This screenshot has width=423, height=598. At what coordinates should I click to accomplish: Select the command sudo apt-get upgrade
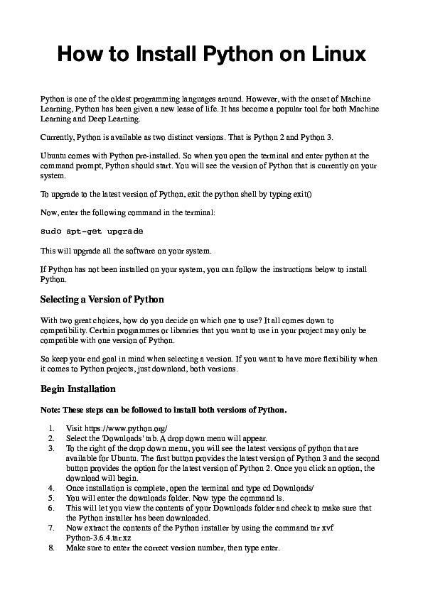click(x=92, y=232)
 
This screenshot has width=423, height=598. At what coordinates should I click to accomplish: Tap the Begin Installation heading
click(x=78, y=389)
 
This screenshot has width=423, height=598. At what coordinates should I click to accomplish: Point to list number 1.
click(x=50, y=429)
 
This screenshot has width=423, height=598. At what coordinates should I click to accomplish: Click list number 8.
click(x=50, y=548)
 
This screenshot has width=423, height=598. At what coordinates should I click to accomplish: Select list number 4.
click(x=50, y=489)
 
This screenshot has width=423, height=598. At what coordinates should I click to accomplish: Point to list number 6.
click(x=50, y=509)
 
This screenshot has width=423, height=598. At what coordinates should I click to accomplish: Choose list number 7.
click(x=50, y=528)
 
